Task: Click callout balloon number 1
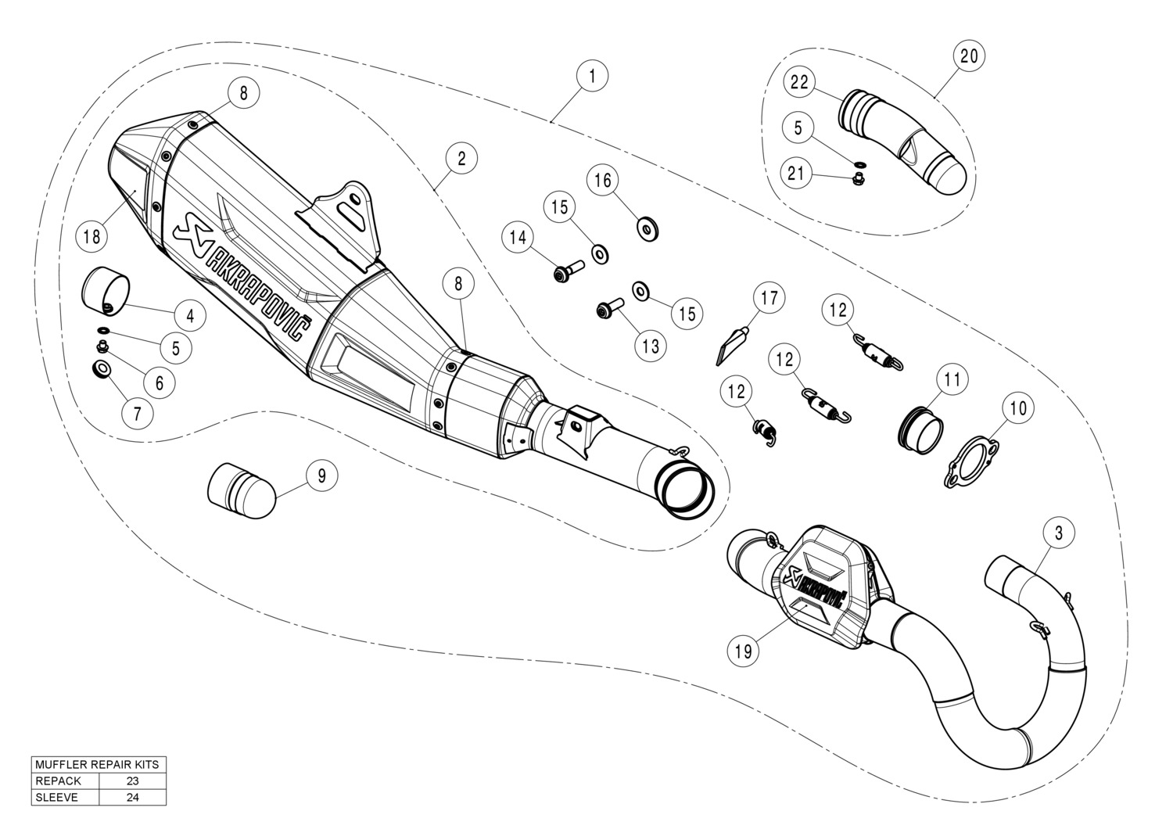pyautogui.click(x=592, y=76)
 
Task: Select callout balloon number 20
pyautogui.click(x=968, y=56)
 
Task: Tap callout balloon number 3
pyautogui.click(x=1058, y=533)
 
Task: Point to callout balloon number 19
pyautogui.click(x=743, y=650)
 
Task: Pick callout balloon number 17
pyautogui.click(x=769, y=298)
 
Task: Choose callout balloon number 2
pyautogui.click(x=461, y=159)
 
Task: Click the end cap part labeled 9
pyautogui.click(x=241, y=490)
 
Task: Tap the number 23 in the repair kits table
pyautogui.click(x=132, y=781)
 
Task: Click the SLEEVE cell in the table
pyautogui.click(x=56, y=798)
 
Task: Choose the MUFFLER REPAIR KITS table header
pyautogui.click(x=98, y=764)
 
